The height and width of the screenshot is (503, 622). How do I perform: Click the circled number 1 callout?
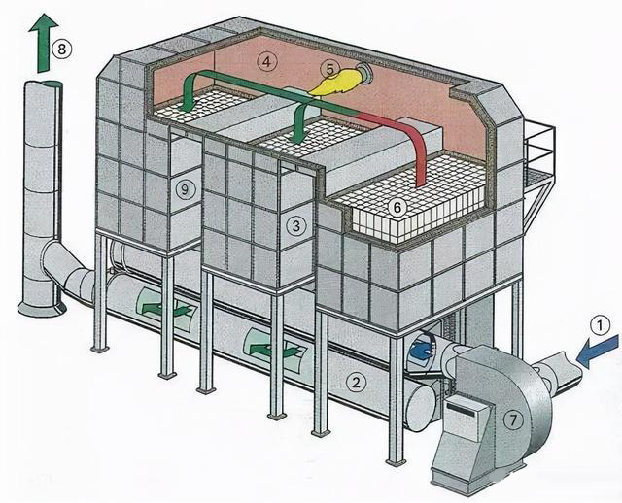tap(602, 326)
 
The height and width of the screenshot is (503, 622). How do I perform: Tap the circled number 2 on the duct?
tap(359, 382)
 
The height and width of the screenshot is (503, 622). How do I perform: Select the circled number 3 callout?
tap(297, 225)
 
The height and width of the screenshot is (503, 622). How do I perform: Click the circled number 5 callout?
tap(330, 68)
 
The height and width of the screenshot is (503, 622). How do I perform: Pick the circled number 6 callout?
tap(396, 207)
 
